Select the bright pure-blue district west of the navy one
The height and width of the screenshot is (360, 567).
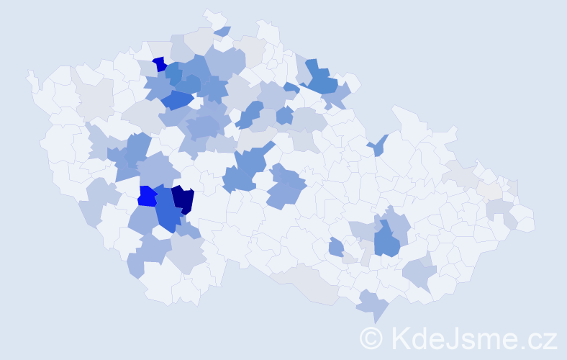[x=147, y=196]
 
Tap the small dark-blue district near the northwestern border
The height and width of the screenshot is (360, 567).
[x=159, y=63]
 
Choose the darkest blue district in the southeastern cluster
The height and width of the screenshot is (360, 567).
[x=386, y=240]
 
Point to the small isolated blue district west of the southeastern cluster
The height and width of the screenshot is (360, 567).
[x=336, y=248]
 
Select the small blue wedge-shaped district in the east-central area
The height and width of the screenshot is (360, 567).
[x=379, y=145]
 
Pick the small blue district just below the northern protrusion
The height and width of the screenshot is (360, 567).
[x=222, y=31]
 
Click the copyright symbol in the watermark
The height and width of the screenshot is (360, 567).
[x=371, y=337]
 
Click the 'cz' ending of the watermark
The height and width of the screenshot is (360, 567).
[x=541, y=338]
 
